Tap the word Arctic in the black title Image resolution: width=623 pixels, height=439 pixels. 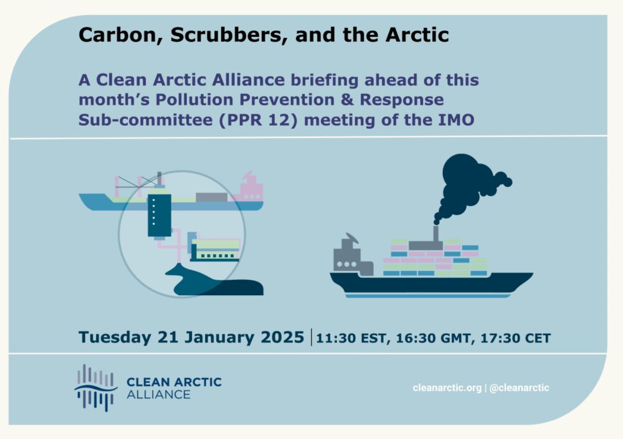pos(417,35)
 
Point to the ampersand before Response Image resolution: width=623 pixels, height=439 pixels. pos(347,100)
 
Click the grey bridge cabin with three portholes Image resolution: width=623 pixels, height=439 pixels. pos(350,258)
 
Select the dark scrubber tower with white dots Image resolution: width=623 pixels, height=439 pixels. pos(159,215)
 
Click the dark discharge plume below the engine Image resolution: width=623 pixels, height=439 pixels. pos(214,281)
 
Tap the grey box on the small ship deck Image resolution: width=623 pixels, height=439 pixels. pos(211,197)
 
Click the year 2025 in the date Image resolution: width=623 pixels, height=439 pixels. pos(282,338)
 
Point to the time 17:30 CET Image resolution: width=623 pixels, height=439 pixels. pos(516,338)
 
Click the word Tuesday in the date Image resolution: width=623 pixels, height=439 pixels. pos(115,338)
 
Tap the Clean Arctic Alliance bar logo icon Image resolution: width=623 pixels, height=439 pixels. pos(96,387)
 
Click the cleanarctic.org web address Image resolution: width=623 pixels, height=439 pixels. pos(447,388)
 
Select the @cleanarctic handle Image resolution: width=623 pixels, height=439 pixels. pos(520,388)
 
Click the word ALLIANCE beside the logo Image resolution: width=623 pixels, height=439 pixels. pos(158,395)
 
